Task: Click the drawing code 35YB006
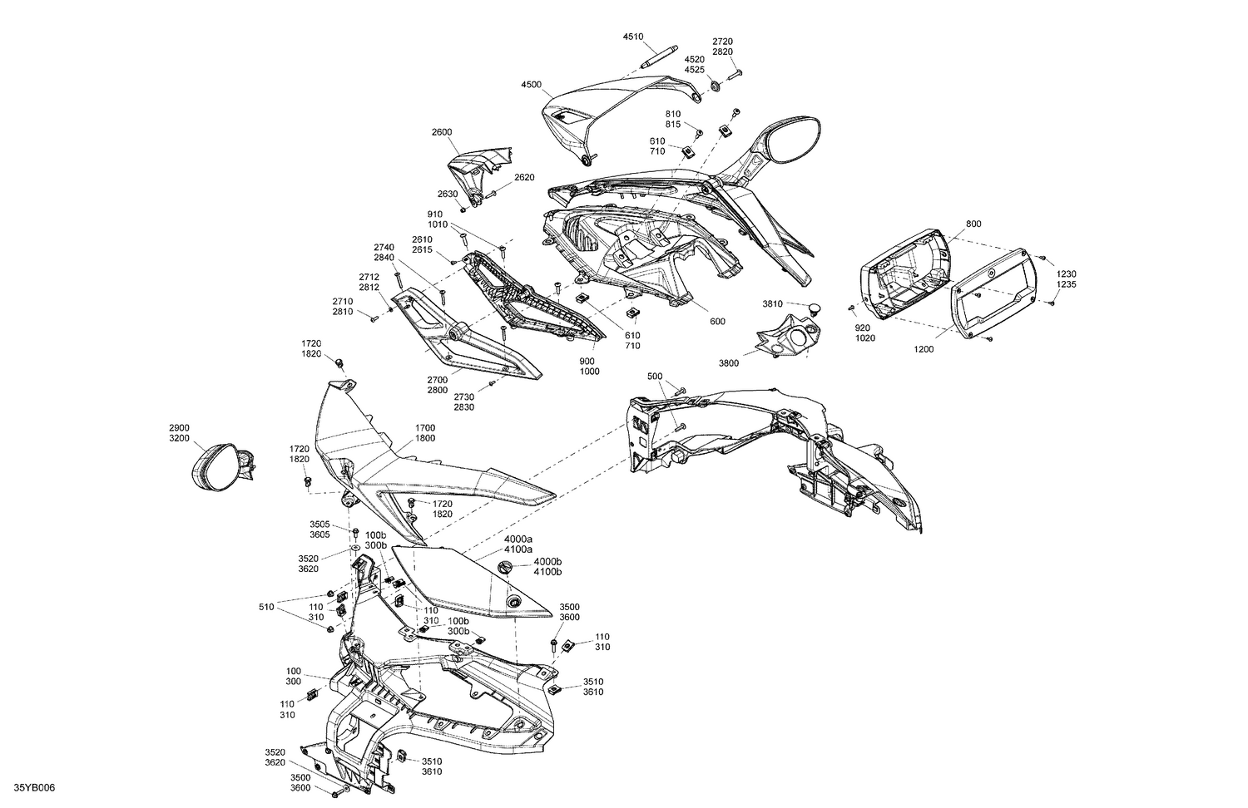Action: pos(34,787)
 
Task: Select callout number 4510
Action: pos(633,37)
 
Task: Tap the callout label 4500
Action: pos(531,85)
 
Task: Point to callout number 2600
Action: pos(442,132)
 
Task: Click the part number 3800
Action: pos(729,363)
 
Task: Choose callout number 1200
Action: pos(924,349)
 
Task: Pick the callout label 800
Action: pos(974,224)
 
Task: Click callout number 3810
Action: pos(773,304)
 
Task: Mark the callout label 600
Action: pos(717,321)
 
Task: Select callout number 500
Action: pos(655,377)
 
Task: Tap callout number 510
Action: pos(266,607)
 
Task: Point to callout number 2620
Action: pos(524,178)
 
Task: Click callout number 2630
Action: pos(448,194)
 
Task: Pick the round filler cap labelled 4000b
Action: pos(506,568)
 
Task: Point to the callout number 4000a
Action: pos(518,539)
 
